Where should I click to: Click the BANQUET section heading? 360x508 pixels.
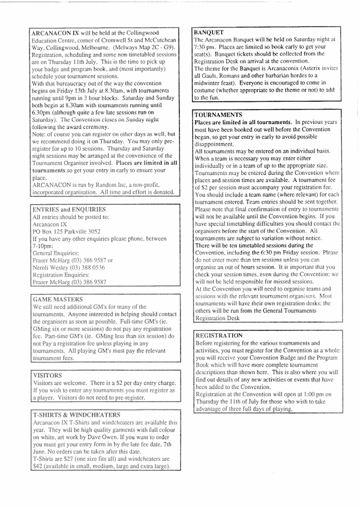209,33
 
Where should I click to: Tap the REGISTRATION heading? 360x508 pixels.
219,335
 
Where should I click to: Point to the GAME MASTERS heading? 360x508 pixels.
58,299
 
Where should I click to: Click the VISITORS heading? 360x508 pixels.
49,375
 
